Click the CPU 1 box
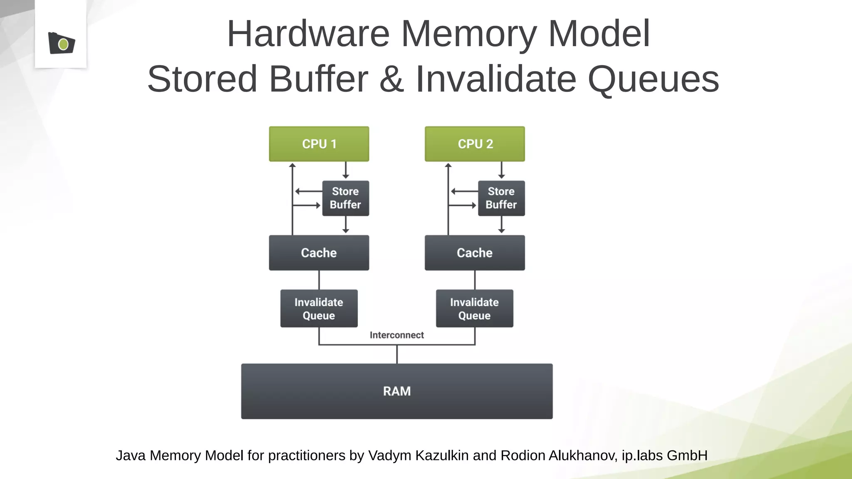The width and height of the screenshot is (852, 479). [319, 144]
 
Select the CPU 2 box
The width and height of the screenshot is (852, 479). [475, 144]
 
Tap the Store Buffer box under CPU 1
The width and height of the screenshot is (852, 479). [345, 198]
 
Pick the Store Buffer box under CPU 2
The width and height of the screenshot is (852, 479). [501, 198]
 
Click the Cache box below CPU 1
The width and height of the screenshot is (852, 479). [319, 253]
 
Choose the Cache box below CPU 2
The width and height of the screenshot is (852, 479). [475, 253]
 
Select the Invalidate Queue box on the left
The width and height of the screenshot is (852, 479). [319, 309]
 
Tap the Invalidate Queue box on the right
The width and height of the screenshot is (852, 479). [474, 309]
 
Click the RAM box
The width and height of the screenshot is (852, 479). [397, 391]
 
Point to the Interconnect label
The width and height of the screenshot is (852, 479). [396, 335]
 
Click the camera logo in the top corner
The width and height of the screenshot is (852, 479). [62, 43]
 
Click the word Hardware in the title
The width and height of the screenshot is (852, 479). [308, 34]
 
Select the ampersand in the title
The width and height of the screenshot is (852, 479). [391, 79]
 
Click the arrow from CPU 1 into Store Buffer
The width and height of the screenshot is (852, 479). [345, 170]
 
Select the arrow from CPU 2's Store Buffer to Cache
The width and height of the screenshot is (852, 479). [501, 225]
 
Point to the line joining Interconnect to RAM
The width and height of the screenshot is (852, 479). [397, 354]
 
